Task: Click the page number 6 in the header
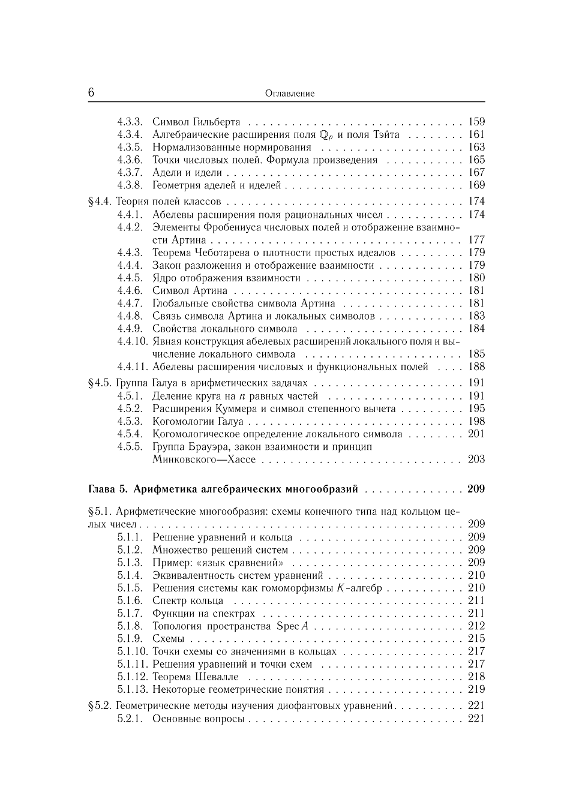(91, 92)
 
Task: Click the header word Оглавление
(289, 94)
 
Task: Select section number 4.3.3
(130, 122)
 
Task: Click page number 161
(476, 134)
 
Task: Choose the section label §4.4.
(100, 202)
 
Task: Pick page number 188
(476, 367)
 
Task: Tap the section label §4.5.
(100, 383)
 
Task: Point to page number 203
(476, 459)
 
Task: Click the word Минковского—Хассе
(204, 459)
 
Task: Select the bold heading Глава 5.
(107, 489)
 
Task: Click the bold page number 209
(476, 489)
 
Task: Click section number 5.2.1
(130, 719)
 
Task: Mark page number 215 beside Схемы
(476, 639)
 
